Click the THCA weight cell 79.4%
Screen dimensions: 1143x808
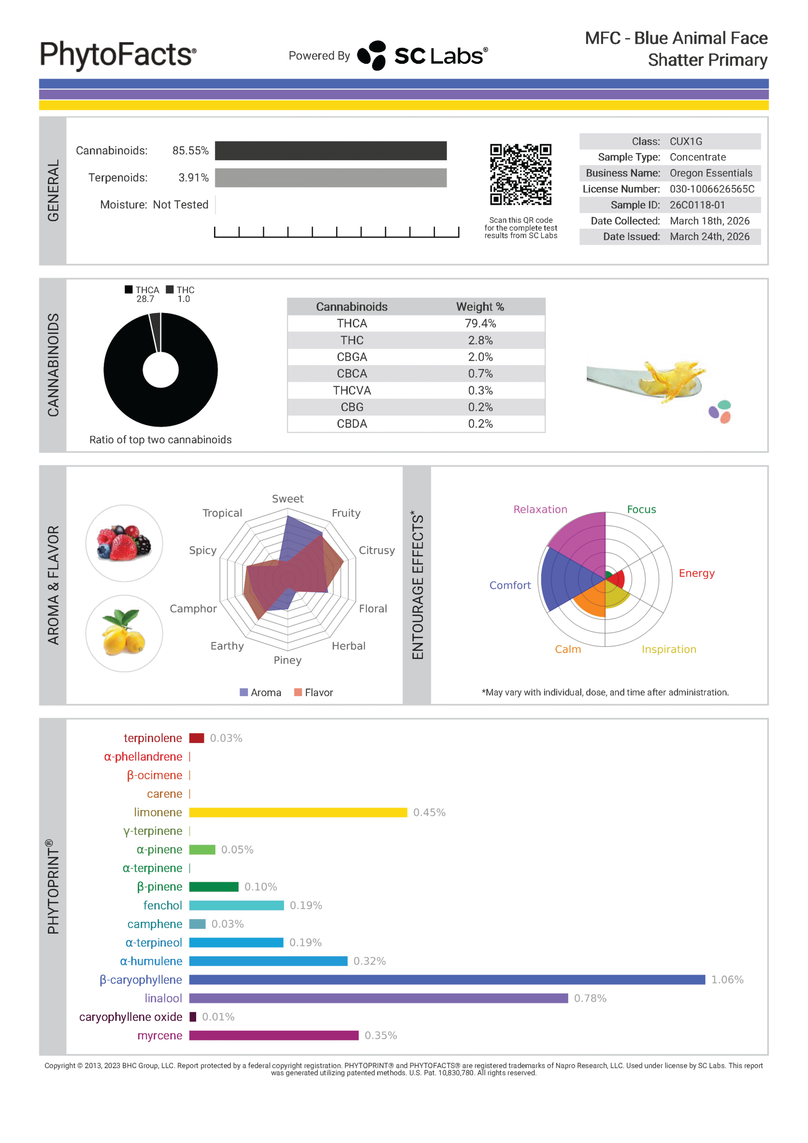(480, 324)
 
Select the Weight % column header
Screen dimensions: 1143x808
(480, 307)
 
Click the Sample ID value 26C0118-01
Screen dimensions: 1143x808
(697, 205)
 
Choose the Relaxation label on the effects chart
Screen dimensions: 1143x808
(540, 509)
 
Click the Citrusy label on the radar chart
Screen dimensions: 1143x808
(377, 550)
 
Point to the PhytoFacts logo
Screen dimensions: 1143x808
(118, 55)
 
